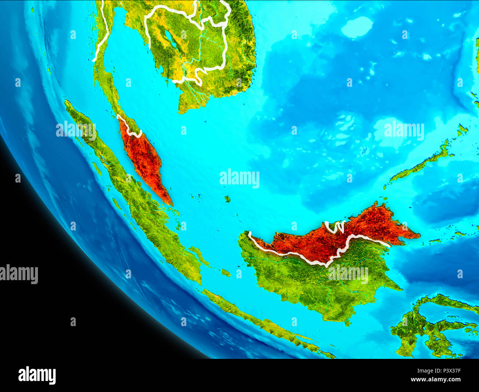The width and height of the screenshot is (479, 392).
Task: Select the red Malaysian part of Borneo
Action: (332, 239)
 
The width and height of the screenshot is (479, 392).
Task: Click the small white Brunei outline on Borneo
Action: (335, 227)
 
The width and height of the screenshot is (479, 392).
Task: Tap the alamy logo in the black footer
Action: (37, 375)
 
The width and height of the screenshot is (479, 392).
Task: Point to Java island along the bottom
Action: (265, 324)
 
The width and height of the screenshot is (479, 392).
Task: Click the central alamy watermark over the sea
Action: (239, 179)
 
